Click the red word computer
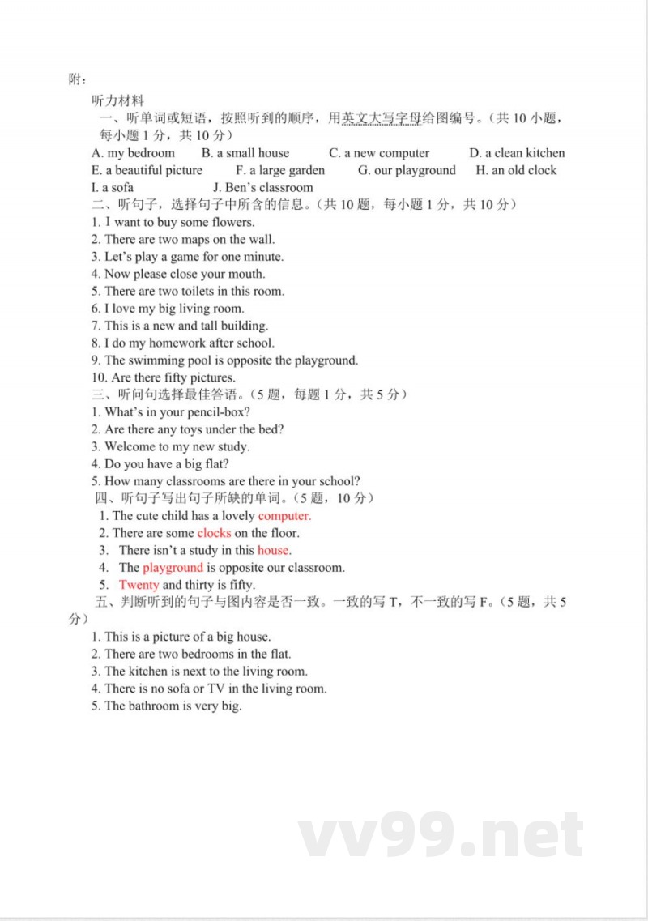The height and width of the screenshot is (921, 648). pyautogui.click(x=284, y=516)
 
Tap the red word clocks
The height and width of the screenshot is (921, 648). pyautogui.click(x=214, y=533)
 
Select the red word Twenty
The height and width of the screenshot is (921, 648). pyautogui.click(x=139, y=585)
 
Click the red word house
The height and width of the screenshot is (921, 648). pyautogui.click(x=273, y=551)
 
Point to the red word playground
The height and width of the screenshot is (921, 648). pyautogui.click(x=173, y=568)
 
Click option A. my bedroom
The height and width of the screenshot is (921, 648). pyautogui.click(x=133, y=153)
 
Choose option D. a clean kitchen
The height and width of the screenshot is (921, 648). pyautogui.click(x=517, y=153)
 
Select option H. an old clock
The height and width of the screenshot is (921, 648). pyautogui.click(x=516, y=170)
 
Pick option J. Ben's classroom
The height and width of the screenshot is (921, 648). pyautogui.click(x=257, y=188)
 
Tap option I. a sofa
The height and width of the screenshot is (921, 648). pyautogui.click(x=113, y=188)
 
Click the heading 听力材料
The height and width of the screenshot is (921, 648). pyautogui.click(x=118, y=101)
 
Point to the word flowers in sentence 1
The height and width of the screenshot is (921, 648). pyautogui.click(x=232, y=222)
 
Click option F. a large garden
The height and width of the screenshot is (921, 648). pyautogui.click(x=280, y=170)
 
